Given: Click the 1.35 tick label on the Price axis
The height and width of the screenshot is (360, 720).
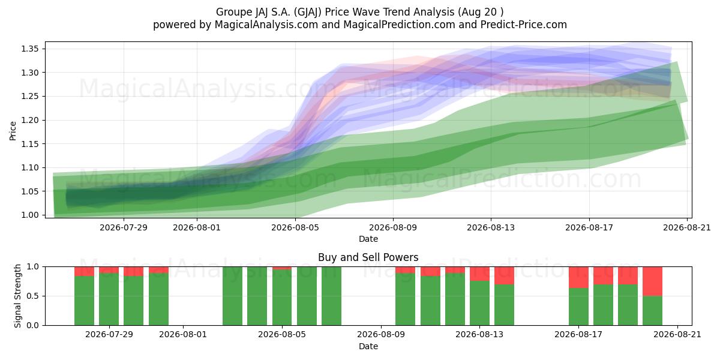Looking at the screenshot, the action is pyautogui.click(x=29, y=49).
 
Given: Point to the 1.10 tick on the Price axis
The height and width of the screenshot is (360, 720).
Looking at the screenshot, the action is pyautogui.click(x=29, y=167).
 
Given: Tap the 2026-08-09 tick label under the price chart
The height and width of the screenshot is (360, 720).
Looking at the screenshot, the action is pyautogui.click(x=393, y=227).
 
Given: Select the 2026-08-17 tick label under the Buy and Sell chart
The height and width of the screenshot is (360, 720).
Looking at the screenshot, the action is pyautogui.click(x=578, y=334).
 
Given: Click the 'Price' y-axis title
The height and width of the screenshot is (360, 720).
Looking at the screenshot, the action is pyautogui.click(x=13, y=131).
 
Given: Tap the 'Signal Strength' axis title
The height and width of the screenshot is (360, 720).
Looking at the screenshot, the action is pyautogui.click(x=17, y=296).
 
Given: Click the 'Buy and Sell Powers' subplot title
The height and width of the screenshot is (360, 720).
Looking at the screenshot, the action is pyautogui.click(x=368, y=257).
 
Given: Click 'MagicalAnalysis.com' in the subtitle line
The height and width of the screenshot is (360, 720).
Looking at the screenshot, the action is pyautogui.click(x=266, y=25).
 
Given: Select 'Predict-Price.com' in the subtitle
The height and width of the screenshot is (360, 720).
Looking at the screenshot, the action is pyautogui.click(x=524, y=25).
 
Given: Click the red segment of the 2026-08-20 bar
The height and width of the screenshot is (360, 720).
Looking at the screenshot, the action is pyautogui.click(x=653, y=281).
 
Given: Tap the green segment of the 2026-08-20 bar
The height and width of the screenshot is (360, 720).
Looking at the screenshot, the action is pyautogui.click(x=653, y=311).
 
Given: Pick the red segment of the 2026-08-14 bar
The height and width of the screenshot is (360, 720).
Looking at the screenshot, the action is pyautogui.click(x=504, y=275).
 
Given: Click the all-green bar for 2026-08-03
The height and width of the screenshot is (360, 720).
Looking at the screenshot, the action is pyautogui.click(x=232, y=296).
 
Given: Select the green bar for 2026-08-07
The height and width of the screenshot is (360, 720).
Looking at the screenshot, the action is pyautogui.click(x=331, y=296).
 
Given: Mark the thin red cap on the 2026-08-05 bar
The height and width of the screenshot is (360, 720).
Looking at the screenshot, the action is pyautogui.click(x=282, y=268).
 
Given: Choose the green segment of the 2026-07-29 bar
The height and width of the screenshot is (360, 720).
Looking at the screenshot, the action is pyautogui.click(x=109, y=299).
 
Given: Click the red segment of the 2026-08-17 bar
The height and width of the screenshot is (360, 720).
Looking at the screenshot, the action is pyautogui.click(x=578, y=277).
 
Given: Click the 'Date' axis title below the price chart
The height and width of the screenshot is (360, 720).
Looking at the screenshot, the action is pyautogui.click(x=368, y=239).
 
